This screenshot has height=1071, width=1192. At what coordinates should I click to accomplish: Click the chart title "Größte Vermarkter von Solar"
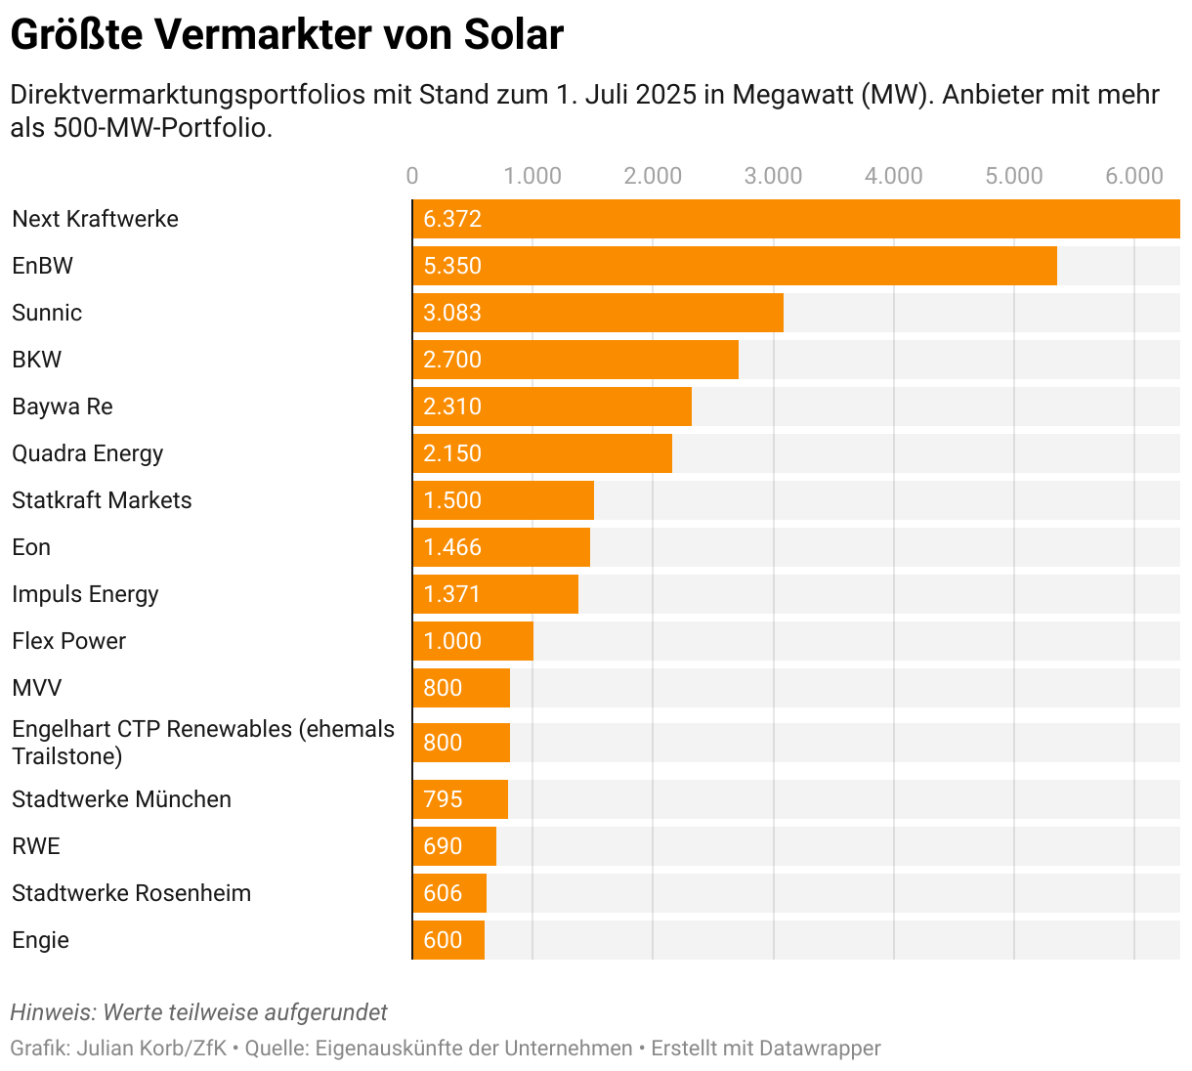pos(286,35)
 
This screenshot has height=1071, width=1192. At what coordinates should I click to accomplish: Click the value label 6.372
pos(452,219)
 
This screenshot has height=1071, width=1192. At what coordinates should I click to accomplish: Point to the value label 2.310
pos(452,407)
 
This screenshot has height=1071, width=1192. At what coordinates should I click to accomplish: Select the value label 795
pos(443,799)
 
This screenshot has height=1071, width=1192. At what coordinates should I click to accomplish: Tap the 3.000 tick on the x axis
pos(773,176)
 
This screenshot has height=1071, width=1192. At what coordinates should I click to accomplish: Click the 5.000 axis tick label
pos(1014,176)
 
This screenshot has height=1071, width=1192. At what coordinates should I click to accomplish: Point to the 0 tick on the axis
pos(412,176)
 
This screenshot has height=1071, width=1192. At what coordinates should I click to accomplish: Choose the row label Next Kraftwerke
pos(95,219)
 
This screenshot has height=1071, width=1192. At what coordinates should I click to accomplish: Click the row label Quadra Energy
pos(87,453)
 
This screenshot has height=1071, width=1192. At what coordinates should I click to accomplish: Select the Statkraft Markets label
pos(102,500)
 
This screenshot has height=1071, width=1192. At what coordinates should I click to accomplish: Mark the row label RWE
pos(36,846)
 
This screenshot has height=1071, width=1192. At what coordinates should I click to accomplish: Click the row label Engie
pos(40,940)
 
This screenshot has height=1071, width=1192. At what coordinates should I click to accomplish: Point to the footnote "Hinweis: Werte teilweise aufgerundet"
pos(198,1012)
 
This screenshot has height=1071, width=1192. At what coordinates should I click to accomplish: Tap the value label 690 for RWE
pos(443,846)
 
